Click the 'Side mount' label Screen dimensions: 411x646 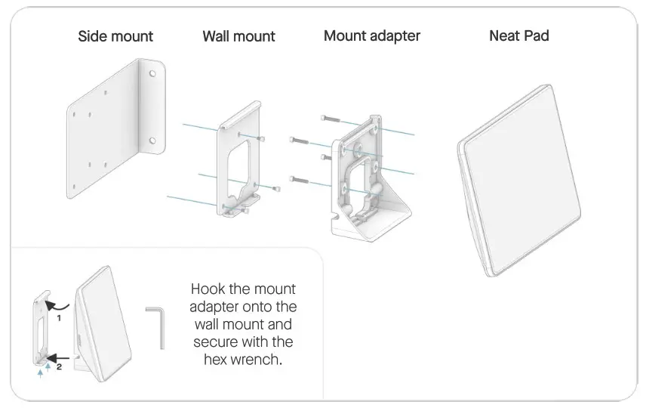tap(115, 36)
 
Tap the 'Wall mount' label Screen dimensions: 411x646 tap(238, 36)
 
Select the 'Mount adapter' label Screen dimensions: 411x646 tap(372, 36)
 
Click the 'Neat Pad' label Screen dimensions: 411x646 tap(518, 36)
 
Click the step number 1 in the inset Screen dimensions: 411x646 tap(58, 319)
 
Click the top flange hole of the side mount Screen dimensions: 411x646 tap(153, 74)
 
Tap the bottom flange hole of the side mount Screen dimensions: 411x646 tap(153, 140)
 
